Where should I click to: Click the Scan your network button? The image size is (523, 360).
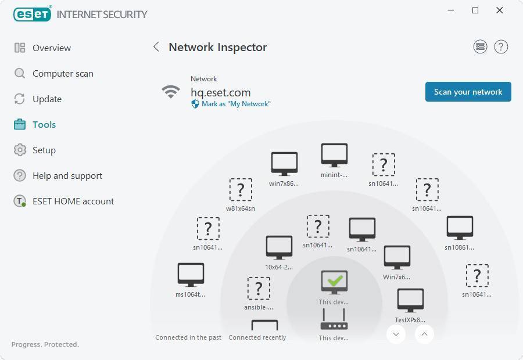pyautogui.click(x=468, y=92)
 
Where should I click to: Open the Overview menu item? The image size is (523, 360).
pyautogui.click(x=51, y=48)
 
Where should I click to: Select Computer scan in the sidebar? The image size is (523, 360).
pyautogui.click(x=62, y=73)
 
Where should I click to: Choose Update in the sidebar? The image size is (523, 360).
pyautogui.click(x=46, y=99)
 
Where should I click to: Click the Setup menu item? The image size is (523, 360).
pyautogui.click(x=44, y=150)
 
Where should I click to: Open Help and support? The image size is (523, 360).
pyautogui.click(x=67, y=175)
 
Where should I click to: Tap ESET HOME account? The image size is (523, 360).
pyautogui.click(x=73, y=201)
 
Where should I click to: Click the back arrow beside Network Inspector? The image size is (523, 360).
pyautogui.click(x=156, y=47)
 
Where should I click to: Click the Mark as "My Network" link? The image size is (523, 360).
pyautogui.click(x=235, y=104)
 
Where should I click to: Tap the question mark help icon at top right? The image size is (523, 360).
pyautogui.click(x=501, y=47)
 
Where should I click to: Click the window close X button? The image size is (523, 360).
pyautogui.click(x=499, y=10)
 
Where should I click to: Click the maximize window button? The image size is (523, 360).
pyautogui.click(x=475, y=10)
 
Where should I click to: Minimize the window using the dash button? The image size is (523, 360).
pyautogui.click(x=450, y=10)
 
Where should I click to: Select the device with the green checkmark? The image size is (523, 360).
pyautogui.click(x=334, y=282)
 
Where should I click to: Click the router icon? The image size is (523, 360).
pyautogui.click(x=334, y=319)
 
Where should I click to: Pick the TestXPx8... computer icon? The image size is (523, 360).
pyautogui.click(x=410, y=300)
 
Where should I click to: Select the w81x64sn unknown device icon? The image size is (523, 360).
pyautogui.click(x=241, y=189)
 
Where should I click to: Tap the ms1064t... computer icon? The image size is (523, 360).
pyautogui.click(x=191, y=275)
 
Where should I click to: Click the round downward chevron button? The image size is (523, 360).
pyautogui.click(x=396, y=334)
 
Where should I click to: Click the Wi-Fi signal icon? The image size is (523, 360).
pyautogui.click(x=170, y=92)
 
